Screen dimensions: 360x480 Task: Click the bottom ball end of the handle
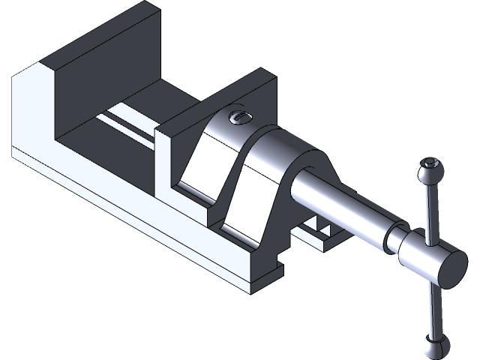click(x=435, y=346)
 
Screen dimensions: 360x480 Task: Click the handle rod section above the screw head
click(x=429, y=210)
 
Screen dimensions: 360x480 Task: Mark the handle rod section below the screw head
click(x=434, y=307)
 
